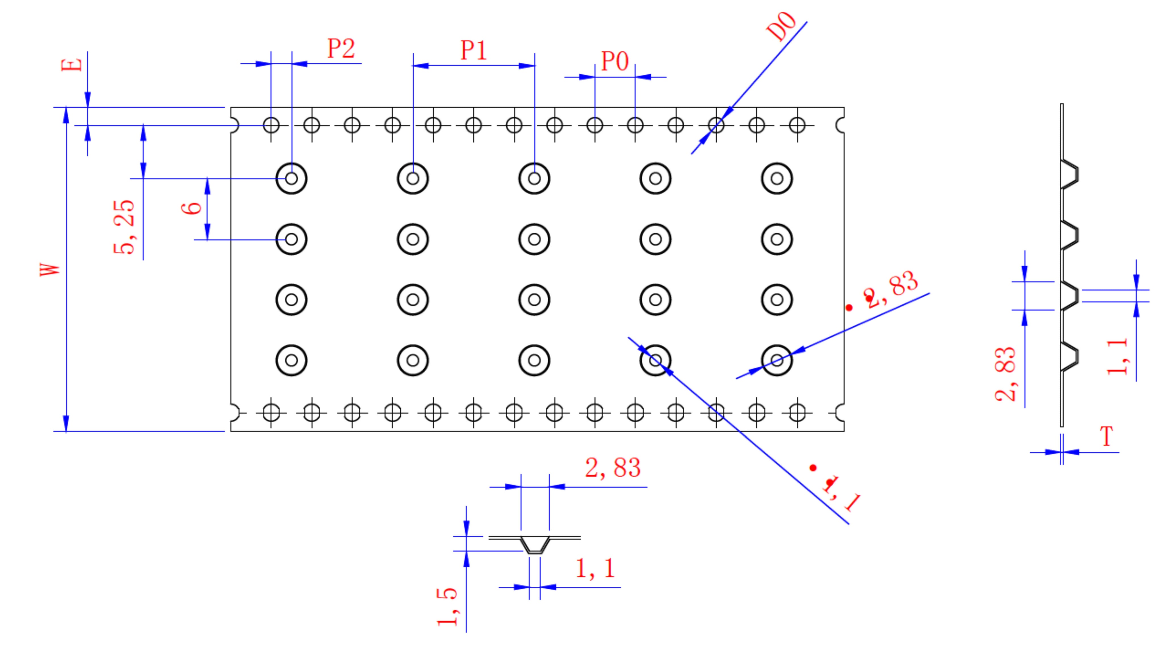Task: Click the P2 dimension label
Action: click(341, 48)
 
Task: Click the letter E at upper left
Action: click(72, 65)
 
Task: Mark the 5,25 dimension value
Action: click(124, 227)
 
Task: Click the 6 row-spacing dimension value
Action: click(192, 208)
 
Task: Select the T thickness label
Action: click(1106, 436)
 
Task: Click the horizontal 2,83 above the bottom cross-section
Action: click(613, 468)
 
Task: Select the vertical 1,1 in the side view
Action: click(1118, 356)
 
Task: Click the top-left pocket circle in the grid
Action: click(292, 179)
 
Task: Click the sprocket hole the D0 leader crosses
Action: click(716, 125)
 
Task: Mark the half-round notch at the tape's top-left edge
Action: click(234, 125)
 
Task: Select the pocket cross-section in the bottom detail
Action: click(535, 545)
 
